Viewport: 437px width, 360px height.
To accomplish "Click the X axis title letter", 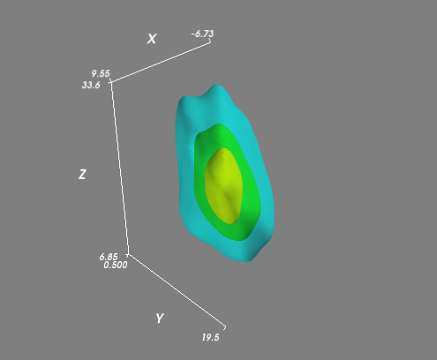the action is tap(152, 39).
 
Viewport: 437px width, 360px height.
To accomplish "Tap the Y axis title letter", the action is tap(160, 319).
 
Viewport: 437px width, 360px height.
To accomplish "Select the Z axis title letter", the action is tap(82, 175).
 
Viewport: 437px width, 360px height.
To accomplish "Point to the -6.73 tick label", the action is tap(202, 34).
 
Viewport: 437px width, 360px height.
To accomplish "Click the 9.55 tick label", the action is tap(101, 73).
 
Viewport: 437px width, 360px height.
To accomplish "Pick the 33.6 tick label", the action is tap(91, 85).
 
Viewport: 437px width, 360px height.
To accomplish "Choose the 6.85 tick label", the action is tap(109, 257).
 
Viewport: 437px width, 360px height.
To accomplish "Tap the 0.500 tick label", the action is tap(116, 265).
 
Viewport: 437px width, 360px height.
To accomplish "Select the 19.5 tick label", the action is tap(211, 337).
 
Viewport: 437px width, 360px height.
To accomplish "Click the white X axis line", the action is tap(161, 63).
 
